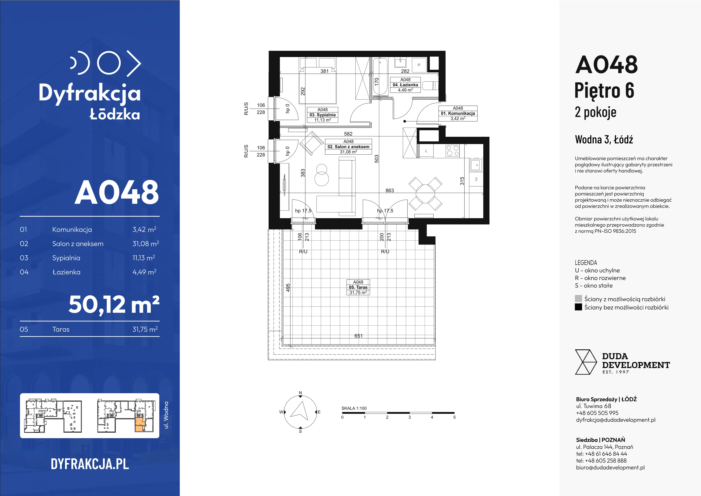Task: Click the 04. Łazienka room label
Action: click(x=405, y=85)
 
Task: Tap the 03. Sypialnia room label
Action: click(x=322, y=115)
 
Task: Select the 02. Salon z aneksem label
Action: click(x=348, y=147)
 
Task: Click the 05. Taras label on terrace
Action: click(x=358, y=287)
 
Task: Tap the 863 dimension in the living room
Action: click(x=389, y=190)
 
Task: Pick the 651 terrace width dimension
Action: click(x=358, y=336)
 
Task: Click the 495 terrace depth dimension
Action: click(x=288, y=287)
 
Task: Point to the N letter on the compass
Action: click(x=300, y=393)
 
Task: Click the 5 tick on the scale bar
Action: click(x=454, y=417)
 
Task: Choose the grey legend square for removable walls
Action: click(x=578, y=299)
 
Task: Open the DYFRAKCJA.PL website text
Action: click(x=90, y=464)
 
